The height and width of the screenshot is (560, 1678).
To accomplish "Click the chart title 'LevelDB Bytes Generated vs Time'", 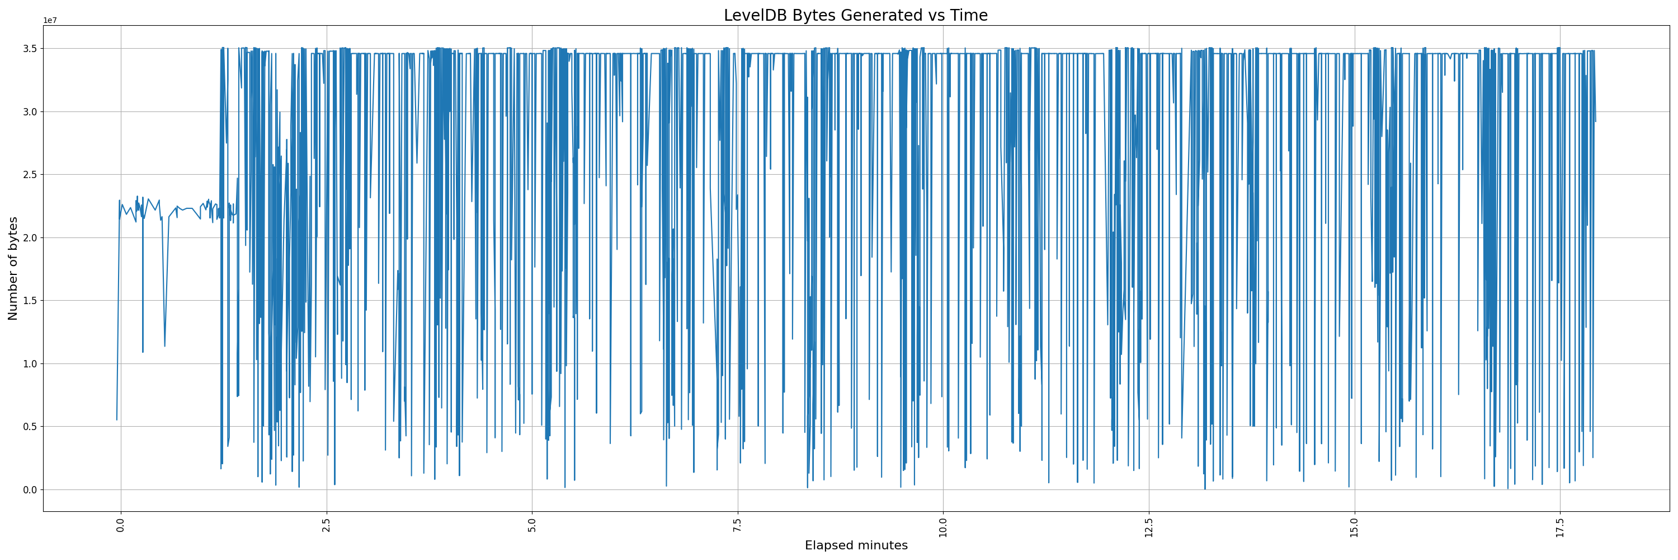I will (x=855, y=16).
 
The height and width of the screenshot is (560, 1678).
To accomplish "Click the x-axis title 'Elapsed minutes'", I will (x=856, y=545).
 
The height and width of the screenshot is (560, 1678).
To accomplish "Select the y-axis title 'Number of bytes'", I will (x=13, y=269).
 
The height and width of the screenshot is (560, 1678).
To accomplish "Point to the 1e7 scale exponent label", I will (x=50, y=21).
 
